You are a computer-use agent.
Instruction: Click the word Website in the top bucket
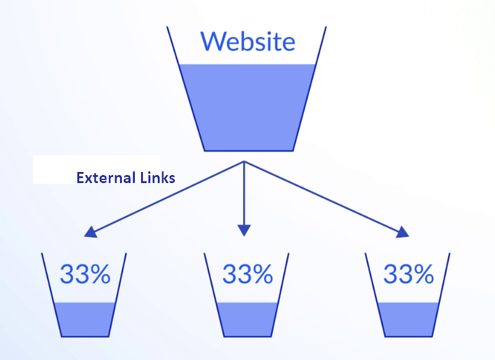click(x=248, y=41)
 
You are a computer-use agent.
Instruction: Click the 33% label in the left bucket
click(x=85, y=274)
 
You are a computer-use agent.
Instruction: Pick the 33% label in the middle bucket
click(x=248, y=274)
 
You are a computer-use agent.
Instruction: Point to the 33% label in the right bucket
click(x=408, y=274)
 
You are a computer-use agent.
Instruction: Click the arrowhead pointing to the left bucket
click(x=90, y=232)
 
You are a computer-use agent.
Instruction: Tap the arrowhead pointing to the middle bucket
click(x=244, y=230)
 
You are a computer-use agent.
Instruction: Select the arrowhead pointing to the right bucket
click(x=403, y=232)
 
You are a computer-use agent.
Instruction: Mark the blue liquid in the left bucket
click(x=85, y=319)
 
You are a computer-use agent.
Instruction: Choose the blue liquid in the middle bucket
click(x=247, y=319)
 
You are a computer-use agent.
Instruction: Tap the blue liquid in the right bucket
click(x=408, y=319)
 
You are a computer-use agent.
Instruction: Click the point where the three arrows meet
click(x=244, y=161)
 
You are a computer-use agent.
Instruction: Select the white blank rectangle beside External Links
click(x=97, y=169)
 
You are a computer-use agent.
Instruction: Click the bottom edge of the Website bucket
click(x=249, y=151)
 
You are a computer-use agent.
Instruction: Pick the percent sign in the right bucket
click(x=424, y=274)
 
